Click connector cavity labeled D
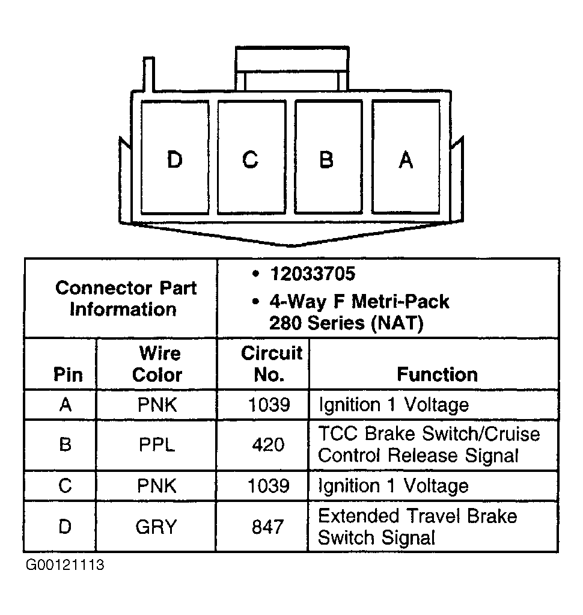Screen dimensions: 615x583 click(174, 158)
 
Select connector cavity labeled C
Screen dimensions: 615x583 click(251, 158)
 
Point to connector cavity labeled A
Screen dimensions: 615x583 click(406, 158)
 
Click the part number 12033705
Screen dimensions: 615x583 click(312, 274)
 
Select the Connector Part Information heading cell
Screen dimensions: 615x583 click(126, 298)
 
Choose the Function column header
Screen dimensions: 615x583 click(437, 374)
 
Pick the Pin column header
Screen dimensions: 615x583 click(68, 375)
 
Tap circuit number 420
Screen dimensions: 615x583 click(269, 445)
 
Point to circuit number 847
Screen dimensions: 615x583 click(268, 527)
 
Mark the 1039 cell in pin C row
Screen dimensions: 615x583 click(269, 486)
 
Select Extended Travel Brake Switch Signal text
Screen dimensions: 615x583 click(417, 527)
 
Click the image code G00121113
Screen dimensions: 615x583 click(65, 566)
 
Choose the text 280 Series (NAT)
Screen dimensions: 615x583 click(346, 323)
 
